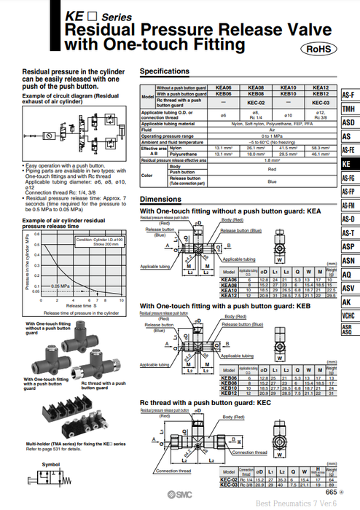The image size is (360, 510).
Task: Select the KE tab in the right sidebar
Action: pos(348,164)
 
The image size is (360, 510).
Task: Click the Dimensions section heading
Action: pos(160,199)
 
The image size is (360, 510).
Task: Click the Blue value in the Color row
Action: pos(273,181)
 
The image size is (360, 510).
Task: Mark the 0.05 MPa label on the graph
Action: pos(50,287)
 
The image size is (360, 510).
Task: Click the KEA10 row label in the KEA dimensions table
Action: pos(229,291)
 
